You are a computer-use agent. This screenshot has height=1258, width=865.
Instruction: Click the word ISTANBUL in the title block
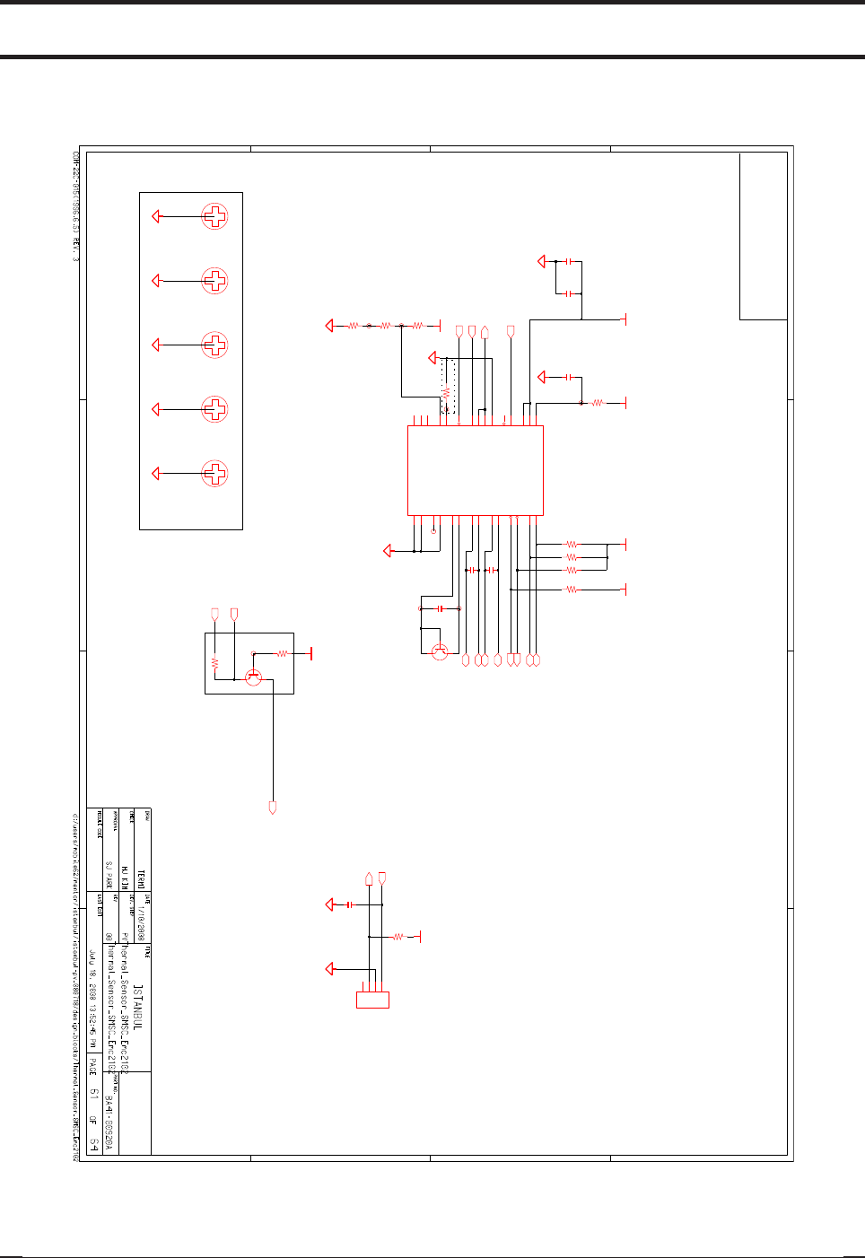pos(138,1006)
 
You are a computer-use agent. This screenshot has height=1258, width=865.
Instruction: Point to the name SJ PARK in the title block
pos(109,876)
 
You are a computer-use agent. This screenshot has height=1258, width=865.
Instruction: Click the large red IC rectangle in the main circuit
pos(476,470)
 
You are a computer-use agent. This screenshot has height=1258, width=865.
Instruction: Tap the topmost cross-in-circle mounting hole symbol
pos(214,216)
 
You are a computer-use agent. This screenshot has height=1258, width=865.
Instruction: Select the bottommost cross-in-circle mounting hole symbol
pos(214,473)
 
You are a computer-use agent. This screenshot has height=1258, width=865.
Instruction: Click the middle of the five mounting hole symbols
pos(214,345)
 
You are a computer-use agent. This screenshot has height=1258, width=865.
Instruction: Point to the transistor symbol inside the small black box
pos(254,677)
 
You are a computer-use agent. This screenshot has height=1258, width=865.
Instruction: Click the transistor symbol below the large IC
pos(440,652)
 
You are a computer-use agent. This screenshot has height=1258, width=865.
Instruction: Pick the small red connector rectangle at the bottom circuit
pos(372,1000)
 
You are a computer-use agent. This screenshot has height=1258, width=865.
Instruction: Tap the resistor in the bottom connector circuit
pos(398,937)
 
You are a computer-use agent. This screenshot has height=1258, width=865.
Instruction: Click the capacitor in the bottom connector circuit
pos(349,904)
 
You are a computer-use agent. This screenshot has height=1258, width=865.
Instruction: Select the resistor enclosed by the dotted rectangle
pos(445,393)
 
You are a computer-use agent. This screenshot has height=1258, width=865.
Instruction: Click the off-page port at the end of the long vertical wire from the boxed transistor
pos(273,808)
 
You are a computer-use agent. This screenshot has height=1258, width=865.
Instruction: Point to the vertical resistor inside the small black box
pos(215,663)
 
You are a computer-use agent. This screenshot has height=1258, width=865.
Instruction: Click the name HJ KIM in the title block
pos(124,875)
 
